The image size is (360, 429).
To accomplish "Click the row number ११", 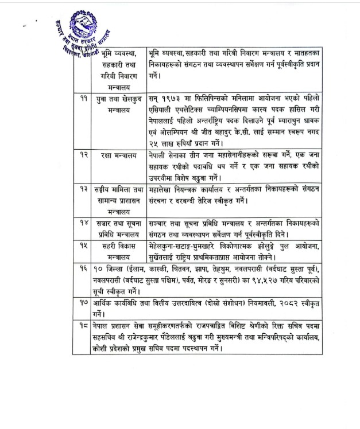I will (84, 98).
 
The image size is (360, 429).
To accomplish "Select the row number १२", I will (84, 155).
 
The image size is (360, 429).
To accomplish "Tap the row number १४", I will (84, 222).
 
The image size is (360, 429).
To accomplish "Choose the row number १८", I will (84, 325).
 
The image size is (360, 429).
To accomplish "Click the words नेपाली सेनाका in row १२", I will (171, 155).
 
